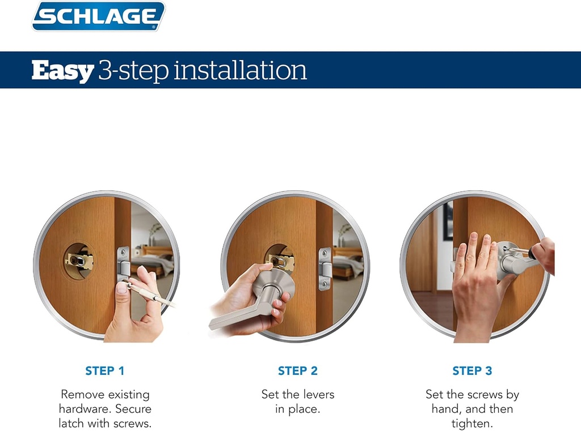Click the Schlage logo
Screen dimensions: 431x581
[98, 16]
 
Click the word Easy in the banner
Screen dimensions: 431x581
[62, 71]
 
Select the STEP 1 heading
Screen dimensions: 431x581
[105, 371]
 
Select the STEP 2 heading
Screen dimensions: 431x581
[298, 371]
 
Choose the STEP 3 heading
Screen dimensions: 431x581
[472, 371]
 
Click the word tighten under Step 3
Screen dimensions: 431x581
[472, 424]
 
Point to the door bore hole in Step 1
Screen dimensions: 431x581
[79, 261]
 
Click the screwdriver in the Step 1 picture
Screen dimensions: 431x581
[151, 293]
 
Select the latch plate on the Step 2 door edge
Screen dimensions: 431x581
[325, 269]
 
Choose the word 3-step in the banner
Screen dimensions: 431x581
[133, 71]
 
